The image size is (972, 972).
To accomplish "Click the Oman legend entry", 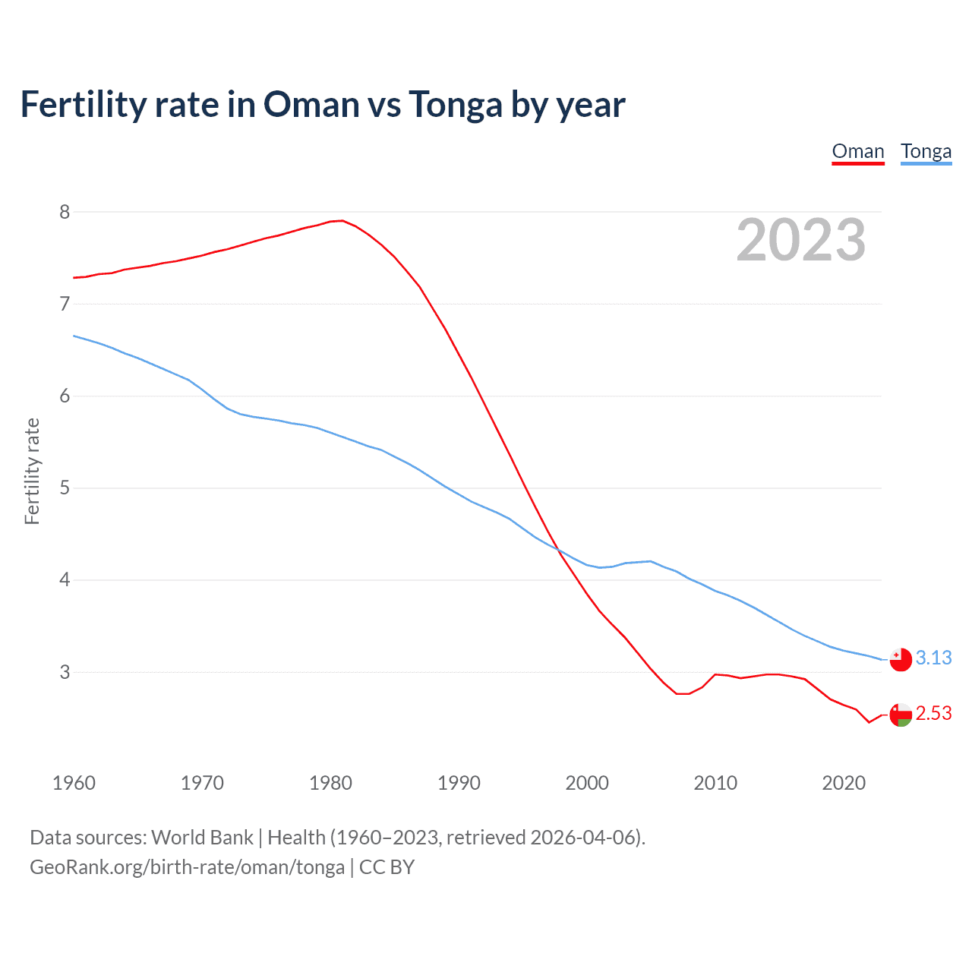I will click(x=858, y=151).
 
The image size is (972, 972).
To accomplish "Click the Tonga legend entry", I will click(x=926, y=151).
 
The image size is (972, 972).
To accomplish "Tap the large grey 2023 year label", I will click(x=800, y=240).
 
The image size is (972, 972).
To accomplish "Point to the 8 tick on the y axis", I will click(x=65, y=212).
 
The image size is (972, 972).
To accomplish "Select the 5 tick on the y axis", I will click(x=65, y=488).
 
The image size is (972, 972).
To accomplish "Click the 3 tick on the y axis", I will click(x=65, y=672).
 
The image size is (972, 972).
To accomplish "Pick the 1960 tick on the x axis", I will click(x=74, y=783).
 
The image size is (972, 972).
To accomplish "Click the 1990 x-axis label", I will click(x=459, y=783).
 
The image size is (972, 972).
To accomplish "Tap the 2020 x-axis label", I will click(x=844, y=783).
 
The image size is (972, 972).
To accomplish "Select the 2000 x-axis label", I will click(x=587, y=783).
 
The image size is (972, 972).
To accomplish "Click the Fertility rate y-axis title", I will click(x=32, y=471).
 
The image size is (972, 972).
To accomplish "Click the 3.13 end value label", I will click(x=933, y=658).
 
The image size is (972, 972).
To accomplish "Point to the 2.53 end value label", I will click(x=933, y=714).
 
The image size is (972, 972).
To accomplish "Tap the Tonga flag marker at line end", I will click(x=901, y=660).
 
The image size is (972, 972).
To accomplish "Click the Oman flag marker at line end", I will click(x=901, y=715).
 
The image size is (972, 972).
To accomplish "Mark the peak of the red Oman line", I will click(x=342, y=220).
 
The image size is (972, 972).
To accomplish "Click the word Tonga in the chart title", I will click(x=456, y=104).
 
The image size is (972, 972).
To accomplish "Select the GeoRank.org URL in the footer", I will click(x=187, y=867).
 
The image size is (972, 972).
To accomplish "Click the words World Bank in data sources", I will click(x=202, y=838).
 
